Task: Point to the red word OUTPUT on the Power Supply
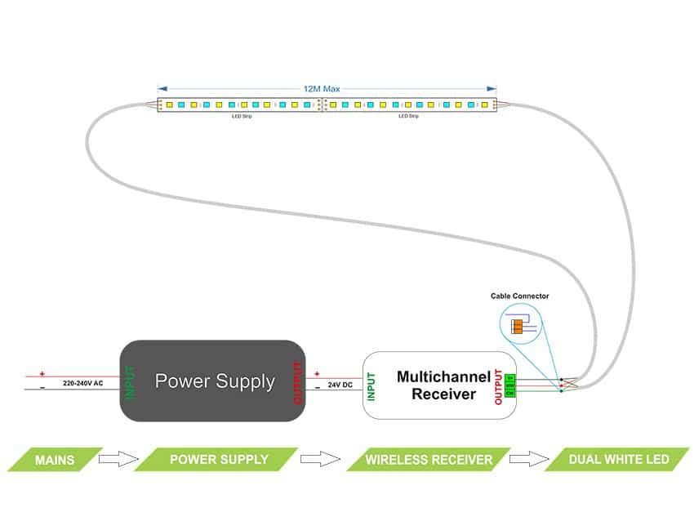[297, 382]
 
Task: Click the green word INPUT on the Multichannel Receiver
[371, 386]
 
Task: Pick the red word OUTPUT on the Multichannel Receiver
[498, 386]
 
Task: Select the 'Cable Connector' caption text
[519, 296]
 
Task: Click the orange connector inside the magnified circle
[516, 327]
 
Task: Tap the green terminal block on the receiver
[510, 385]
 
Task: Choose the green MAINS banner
[55, 459]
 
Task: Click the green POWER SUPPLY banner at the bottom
[218, 459]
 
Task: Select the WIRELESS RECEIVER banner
[428, 459]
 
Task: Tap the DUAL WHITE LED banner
[618, 459]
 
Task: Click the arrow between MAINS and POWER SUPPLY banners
[118, 459]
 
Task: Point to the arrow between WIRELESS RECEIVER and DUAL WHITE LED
[527, 459]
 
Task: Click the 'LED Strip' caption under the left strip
[241, 116]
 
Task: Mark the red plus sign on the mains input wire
[42, 372]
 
